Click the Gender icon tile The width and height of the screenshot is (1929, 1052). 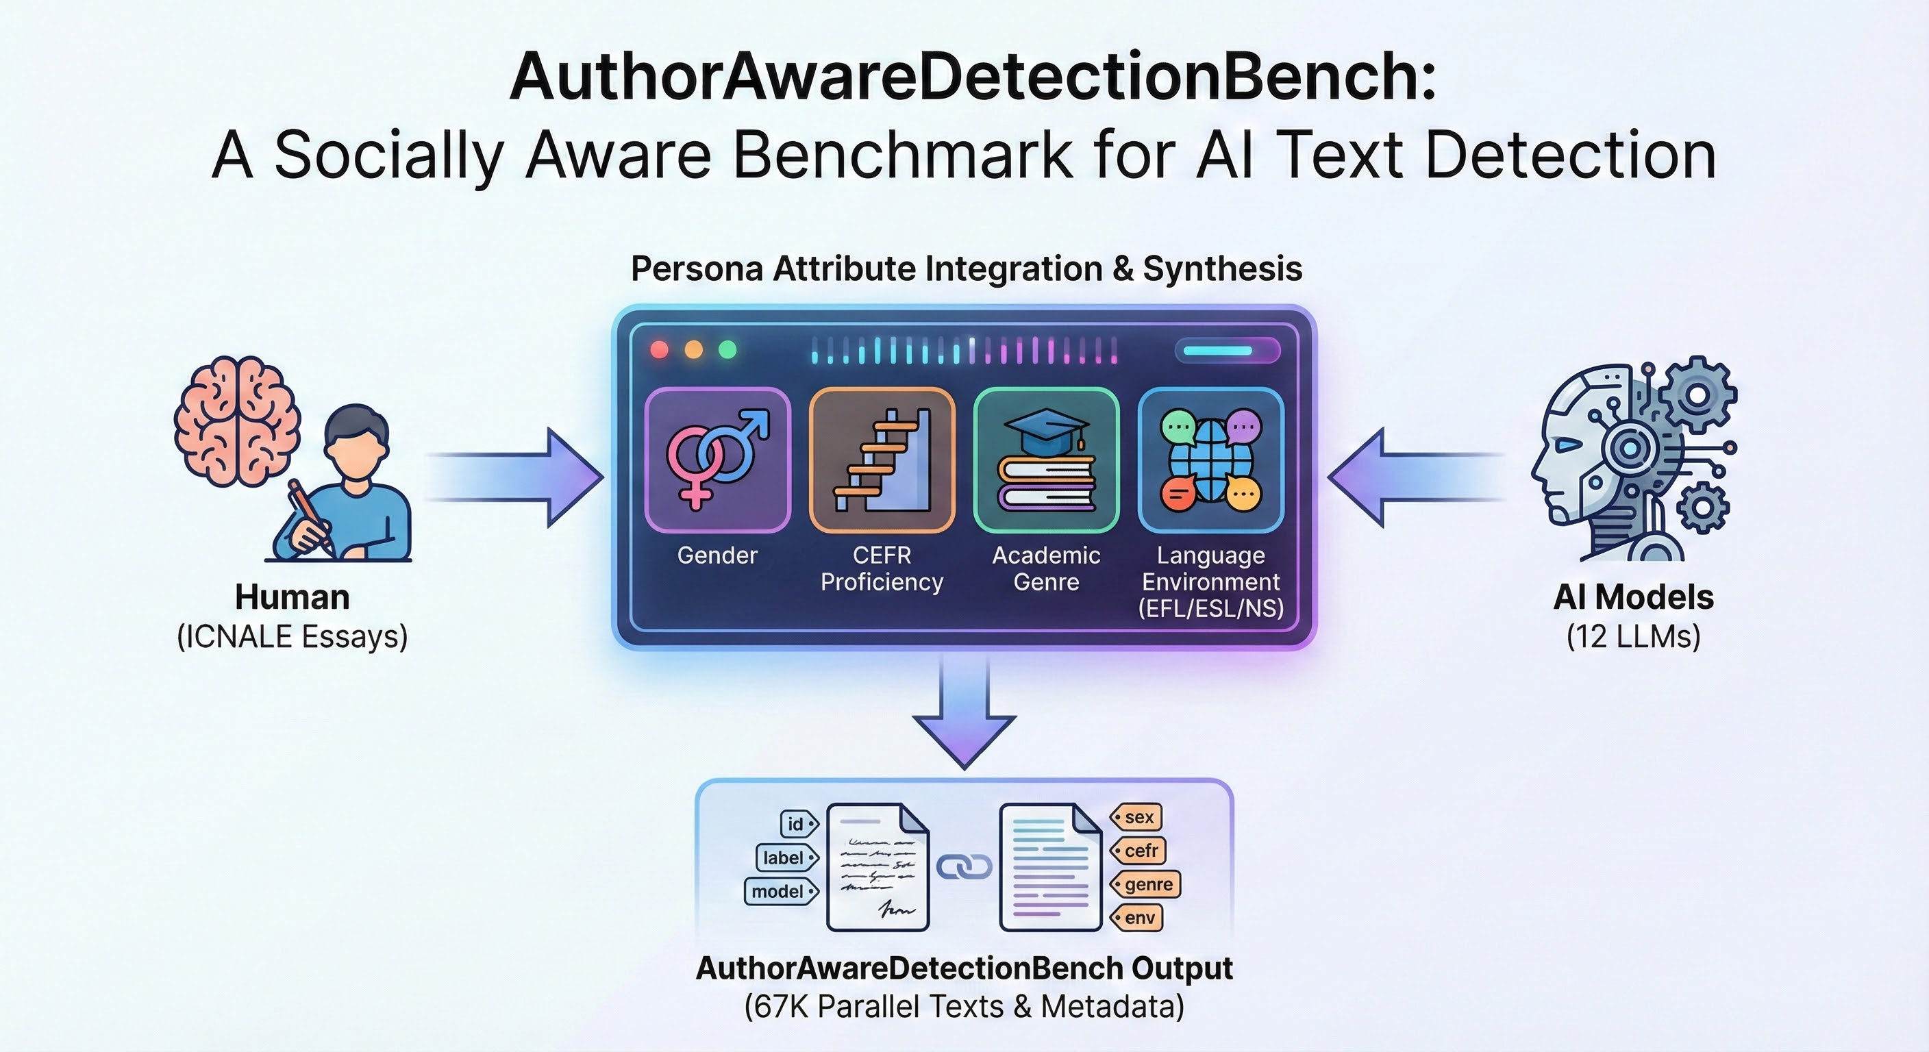pyautogui.click(x=717, y=460)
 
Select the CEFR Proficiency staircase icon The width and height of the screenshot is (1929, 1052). pyautogui.click(x=882, y=460)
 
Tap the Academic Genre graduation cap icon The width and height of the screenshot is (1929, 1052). pyautogui.click(x=1046, y=460)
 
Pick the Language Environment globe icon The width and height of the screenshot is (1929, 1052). pyautogui.click(x=1211, y=460)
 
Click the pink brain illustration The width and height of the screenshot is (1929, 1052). pyautogui.click(x=236, y=421)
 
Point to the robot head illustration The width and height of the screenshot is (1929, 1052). pyautogui.click(x=1632, y=458)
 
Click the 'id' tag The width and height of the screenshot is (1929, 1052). pyautogui.click(x=798, y=824)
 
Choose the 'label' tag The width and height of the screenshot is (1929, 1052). pyautogui.click(x=786, y=857)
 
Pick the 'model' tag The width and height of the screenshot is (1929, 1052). pyautogui.click(x=780, y=891)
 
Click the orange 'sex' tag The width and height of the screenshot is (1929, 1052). pyautogui.click(x=1136, y=817)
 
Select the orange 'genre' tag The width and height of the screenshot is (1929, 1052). pyautogui.click(x=1146, y=884)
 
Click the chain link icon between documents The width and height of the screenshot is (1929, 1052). pyautogui.click(x=964, y=867)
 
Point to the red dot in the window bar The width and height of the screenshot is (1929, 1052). pyautogui.click(x=660, y=350)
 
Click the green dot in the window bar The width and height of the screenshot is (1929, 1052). pyautogui.click(x=727, y=350)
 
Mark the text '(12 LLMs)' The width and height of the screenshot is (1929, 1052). pyautogui.click(x=1633, y=636)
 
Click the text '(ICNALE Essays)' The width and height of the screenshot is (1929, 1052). pyautogui.click(x=292, y=636)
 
